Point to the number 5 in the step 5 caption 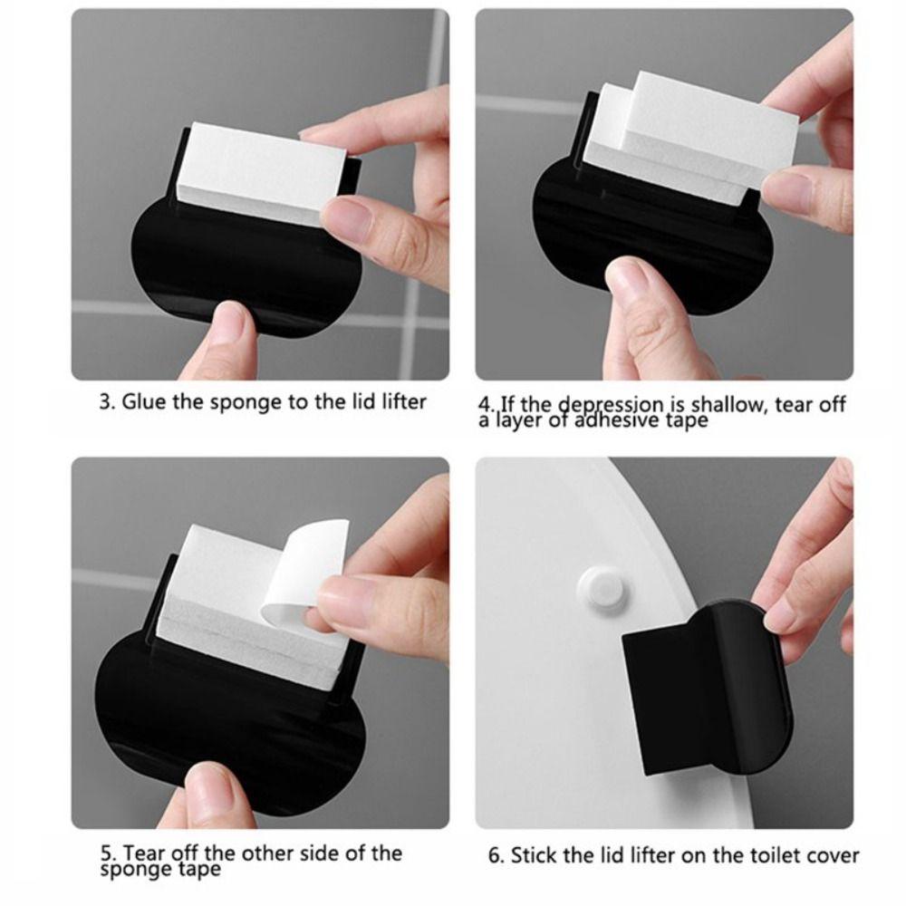[106, 853]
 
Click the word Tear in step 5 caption [142, 853]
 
